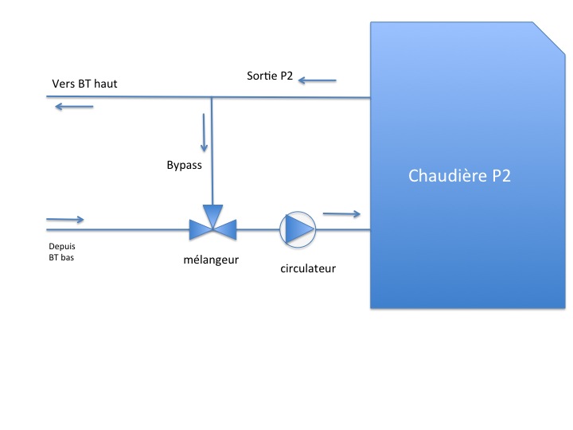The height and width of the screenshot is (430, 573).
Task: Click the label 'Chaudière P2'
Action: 459,175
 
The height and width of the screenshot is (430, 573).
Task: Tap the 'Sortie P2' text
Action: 270,76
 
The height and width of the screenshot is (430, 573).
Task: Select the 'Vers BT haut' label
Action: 84,84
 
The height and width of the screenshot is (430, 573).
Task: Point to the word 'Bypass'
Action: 184,166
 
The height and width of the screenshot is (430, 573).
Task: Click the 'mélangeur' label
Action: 212,259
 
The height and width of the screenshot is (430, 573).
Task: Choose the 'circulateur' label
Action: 308,268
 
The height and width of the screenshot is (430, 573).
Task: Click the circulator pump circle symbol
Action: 298,229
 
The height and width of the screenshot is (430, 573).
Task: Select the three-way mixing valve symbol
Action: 212,226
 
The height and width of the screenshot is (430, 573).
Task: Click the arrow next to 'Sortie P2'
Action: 318,80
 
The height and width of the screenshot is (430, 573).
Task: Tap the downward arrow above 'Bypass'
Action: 205,133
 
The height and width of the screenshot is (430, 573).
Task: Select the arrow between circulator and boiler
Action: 342,213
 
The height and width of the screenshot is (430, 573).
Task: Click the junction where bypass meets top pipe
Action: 212,97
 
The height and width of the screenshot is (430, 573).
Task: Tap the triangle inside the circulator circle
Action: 299,229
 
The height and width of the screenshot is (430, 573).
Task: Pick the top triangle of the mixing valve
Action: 212,214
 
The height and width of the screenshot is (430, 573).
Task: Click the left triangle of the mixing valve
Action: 200,230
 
